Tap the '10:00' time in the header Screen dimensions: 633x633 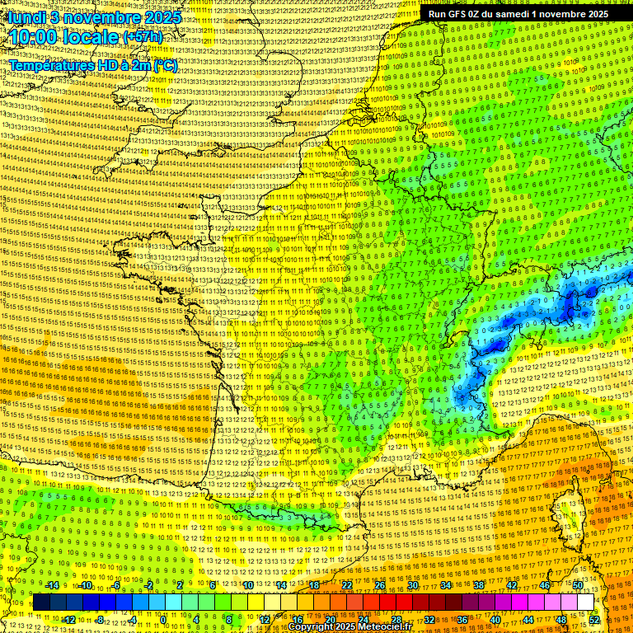tap(34, 37)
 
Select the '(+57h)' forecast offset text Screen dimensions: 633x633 tap(143, 38)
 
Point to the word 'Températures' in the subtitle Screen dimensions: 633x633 tap(49, 65)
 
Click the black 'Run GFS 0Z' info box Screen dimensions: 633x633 tap(518, 13)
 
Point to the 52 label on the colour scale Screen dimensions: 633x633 tap(594, 619)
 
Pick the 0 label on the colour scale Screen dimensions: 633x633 tap(163, 619)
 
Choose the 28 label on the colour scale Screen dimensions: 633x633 tap(396, 619)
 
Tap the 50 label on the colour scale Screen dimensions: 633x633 tap(578, 585)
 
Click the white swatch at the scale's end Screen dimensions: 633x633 tap(585, 603)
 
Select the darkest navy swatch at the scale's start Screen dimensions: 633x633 tap(41, 603)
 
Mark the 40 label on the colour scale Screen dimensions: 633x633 tap(495, 619)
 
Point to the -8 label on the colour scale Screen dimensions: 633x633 tap(99, 619)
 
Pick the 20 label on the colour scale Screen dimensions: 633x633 tap(330, 619)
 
